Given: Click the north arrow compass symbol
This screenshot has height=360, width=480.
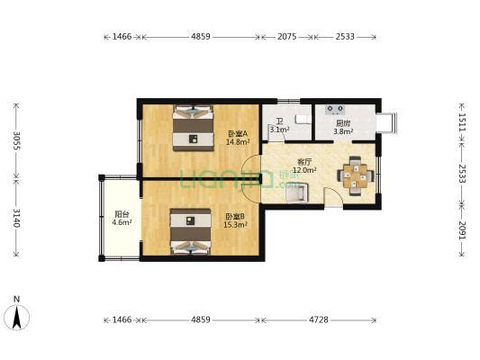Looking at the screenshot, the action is point(17,317).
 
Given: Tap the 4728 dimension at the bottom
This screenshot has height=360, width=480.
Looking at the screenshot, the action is point(319,319).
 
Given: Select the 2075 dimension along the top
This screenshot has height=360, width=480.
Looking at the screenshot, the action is point(287,37).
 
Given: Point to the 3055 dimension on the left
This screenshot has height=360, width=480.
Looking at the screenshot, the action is point(16,140).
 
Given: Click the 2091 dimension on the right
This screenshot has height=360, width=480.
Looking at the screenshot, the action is point(462,230).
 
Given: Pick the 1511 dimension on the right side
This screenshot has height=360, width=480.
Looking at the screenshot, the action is point(462,122).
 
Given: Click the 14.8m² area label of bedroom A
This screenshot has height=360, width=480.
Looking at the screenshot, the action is point(238,142).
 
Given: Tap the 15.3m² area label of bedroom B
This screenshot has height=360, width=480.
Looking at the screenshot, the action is point(235,225).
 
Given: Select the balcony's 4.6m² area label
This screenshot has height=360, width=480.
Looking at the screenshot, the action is point(122,222).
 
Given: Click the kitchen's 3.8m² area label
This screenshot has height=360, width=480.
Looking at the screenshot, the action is point(343,131).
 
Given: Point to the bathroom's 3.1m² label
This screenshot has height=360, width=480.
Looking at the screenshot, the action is point(279,130).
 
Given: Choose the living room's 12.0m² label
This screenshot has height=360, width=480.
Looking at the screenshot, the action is point(304,170).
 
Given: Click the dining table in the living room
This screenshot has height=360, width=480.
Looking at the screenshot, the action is point(355,175).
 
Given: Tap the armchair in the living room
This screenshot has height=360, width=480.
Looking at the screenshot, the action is point(297,193).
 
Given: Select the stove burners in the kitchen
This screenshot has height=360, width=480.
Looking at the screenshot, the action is point(335,109).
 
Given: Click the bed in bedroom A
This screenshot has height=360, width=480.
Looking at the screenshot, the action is point(193,128).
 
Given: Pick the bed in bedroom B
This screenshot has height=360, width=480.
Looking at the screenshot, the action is point(190,231).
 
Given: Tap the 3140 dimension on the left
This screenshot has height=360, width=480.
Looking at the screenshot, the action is point(16,218).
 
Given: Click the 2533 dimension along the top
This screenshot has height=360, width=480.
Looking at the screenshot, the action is point(345,37).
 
